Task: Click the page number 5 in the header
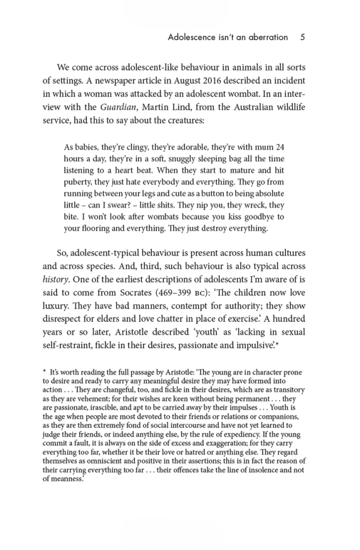(x=303, y=37)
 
